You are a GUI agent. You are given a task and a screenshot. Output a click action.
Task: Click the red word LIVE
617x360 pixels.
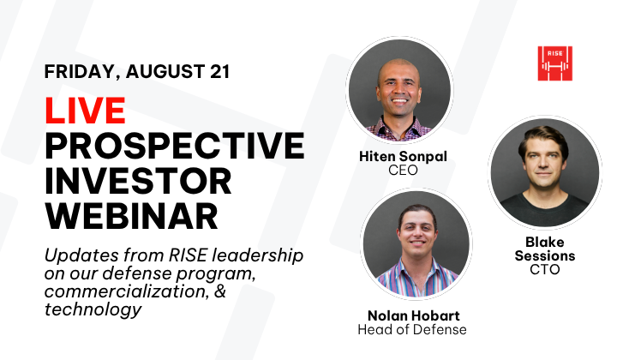pyautogui.click(x=85, y=111)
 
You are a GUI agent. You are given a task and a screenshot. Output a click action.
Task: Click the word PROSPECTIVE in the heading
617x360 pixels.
pyautogui.click(x=175, y=145)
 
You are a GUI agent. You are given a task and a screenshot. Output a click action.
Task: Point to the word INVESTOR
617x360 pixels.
pyautogui.click(x=138, y=181)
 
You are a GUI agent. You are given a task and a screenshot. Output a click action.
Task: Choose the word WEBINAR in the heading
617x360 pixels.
pyautogui.click(x=131, y=216)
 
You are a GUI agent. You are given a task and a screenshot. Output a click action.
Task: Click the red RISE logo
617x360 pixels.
pyautogui.click(x=554, y=63)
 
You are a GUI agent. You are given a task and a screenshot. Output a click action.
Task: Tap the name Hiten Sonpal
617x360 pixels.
pyautogui.click(x=403, y=156)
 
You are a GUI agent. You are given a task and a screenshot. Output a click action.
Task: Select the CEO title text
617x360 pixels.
pyautogui.click(x=403, y=170)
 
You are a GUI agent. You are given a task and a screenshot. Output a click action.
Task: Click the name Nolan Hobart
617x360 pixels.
pyautogui.click(x=414, y=315)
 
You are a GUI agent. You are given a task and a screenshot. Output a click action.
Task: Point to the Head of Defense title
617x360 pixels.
pyautogui.click(x=412, y=329)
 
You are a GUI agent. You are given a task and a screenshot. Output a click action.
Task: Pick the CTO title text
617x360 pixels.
pyautogui.click(x=545, y=269)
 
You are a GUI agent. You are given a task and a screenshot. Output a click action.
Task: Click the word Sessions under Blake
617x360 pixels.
pyautogui.click(x=545, y=255)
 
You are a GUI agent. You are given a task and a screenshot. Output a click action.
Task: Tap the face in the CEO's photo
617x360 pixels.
pyautogui.click(x=399, y=91)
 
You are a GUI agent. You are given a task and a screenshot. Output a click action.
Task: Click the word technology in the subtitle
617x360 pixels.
pyautogui.click(x=93, y=309)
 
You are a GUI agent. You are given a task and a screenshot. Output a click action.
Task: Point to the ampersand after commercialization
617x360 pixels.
pyautogui.click(x=221, y=291)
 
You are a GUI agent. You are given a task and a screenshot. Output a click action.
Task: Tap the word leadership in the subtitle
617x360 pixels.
pyautogui.click(x=258, y=255)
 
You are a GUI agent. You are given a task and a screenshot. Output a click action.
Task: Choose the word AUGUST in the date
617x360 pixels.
pyautogui.click(x=165, y=72)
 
